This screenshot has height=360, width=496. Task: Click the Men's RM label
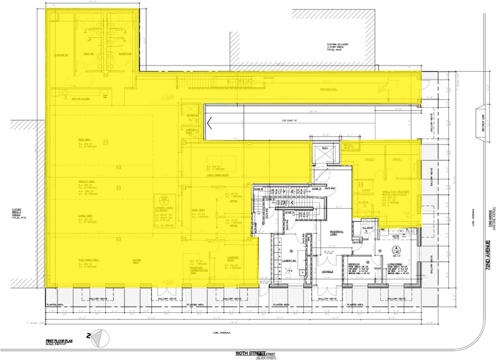89,54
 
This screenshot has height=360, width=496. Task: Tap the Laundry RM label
290,260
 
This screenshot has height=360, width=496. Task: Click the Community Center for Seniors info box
165,208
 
